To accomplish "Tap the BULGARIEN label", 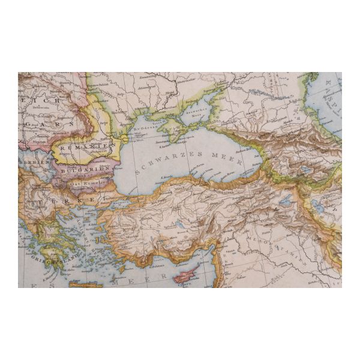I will [83, 169].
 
